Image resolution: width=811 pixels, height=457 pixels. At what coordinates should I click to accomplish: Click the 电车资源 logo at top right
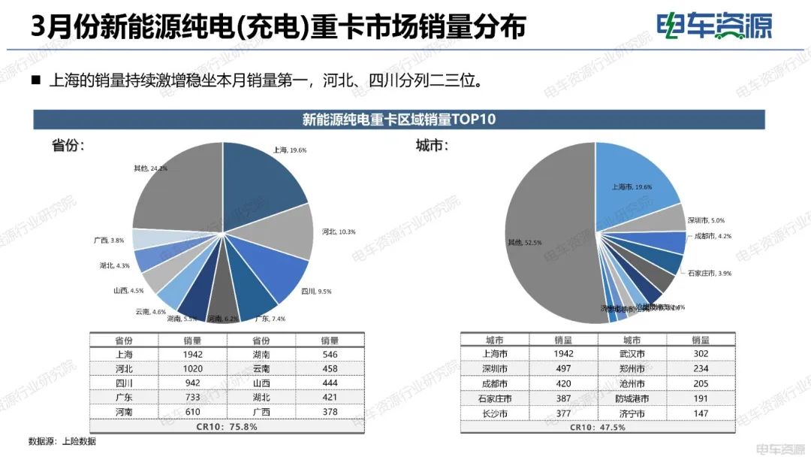tap(713, 26)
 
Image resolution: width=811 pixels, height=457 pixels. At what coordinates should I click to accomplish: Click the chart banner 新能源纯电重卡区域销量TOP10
tap(399, 120)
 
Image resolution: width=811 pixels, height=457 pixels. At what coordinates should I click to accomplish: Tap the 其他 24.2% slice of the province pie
tap(176, 188)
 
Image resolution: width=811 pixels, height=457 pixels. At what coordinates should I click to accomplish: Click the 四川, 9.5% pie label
tap(316, 291)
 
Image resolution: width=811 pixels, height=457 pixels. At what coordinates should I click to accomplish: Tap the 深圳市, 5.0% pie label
tap(706, 221)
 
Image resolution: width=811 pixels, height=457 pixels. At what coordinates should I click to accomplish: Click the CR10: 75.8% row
tap(226, 426)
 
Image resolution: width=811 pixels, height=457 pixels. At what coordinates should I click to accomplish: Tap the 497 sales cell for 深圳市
tap(564, 368)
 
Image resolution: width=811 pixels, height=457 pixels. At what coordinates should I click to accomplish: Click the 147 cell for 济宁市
tap(701, 412)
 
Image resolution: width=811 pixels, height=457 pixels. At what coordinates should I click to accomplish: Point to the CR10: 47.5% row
tap(597, 426)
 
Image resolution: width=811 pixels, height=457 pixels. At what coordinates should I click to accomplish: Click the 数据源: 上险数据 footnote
tap(62, 441)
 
